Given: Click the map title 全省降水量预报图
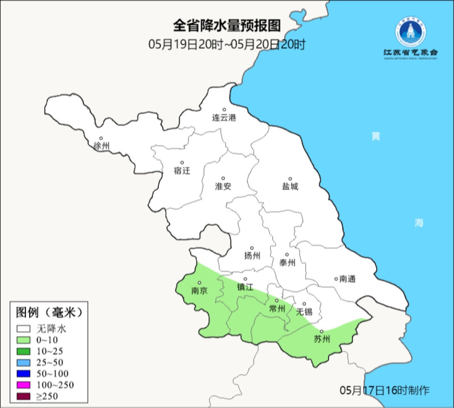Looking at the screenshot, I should pyautogui.click(x=227, y=26).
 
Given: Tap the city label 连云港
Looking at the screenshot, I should pyautogui.click(x=224, y=118).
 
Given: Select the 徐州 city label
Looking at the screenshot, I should pyautogui.click(x=101, y=146).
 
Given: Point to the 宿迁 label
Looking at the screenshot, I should pyautogui.click(x=182, y=171).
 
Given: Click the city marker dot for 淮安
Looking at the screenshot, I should pyautogui.click(x=223, y=178).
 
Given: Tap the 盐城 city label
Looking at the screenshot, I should pyautogui.click(x=290, y=187).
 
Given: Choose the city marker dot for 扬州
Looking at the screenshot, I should pyautogui.click(x=252, y=248).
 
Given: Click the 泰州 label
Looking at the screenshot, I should pyautogui.click(x=287, y=263).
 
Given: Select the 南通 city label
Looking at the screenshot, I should pyautogui.click(x=347, y=279).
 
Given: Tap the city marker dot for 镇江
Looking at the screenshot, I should pyautogui.click(x=245, y=279).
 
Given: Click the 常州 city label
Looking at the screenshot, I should pyautogui.click(x=277, y=309).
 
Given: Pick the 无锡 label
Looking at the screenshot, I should pyautogui.click(x=304, y=312).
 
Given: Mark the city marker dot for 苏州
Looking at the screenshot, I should pyautogui.click(x=322, y=331).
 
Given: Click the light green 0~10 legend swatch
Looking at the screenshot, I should pyautogui.click(x=24, y=340).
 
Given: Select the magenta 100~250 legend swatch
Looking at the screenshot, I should pyautogui.click(x=24, y=385).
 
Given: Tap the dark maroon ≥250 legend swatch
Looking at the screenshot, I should pyautogui.click(x=24, y=396).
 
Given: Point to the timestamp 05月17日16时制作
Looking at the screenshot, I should pyautogui.click(x=385, y=390).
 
